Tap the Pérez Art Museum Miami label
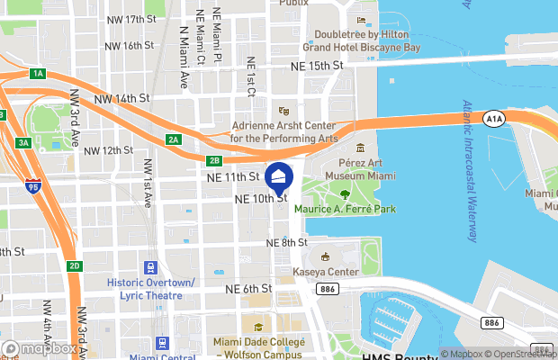coord(359,168)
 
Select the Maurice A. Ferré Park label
coord(346,210)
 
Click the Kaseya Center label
coord(326,271)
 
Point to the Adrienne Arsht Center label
coord(283,132)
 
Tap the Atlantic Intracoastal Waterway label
coord(468,170)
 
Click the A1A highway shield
coord(492,118)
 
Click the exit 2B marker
coord(213,160)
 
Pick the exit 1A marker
coord(37,73)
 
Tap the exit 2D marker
coord(75,265)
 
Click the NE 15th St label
coord(317,67)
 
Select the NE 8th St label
coord(287,243)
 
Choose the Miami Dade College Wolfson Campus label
coord(258,348)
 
